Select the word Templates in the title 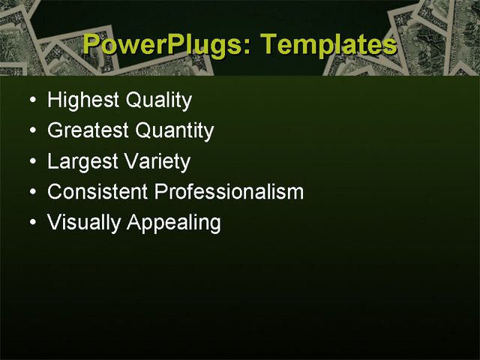click(x=330, y=45)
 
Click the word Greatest click(x=88, y=131)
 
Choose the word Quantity click(x=174, y=131)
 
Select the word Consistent click(x=97, y=192)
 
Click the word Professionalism click(x=229, y=192)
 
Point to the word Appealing click(x=174, y=223)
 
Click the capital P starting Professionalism click(x=160, y=192)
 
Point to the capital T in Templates click(x=272, y=45)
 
